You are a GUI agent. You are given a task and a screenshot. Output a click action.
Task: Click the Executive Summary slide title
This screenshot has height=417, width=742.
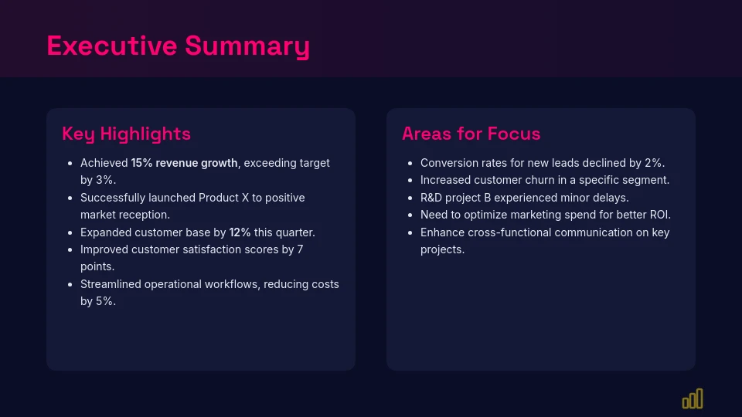point(178,46)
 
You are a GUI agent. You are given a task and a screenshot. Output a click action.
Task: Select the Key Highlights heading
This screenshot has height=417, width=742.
point(126,134)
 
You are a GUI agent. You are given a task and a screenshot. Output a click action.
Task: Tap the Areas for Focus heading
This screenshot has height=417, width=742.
point(471,134)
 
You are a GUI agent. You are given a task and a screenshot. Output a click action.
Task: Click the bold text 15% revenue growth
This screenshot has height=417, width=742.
point(184,163)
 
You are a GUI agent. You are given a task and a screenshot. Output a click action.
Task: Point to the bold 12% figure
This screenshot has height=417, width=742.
point(240,232)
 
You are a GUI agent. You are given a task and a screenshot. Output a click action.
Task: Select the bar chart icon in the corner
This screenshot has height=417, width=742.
point(693,398)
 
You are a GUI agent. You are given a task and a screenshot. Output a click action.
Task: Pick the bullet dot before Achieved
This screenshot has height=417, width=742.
point(70,164)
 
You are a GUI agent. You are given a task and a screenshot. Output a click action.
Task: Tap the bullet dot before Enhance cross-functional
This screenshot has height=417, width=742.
point(410,233)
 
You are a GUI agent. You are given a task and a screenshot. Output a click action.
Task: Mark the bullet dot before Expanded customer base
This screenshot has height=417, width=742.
point(70,233)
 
